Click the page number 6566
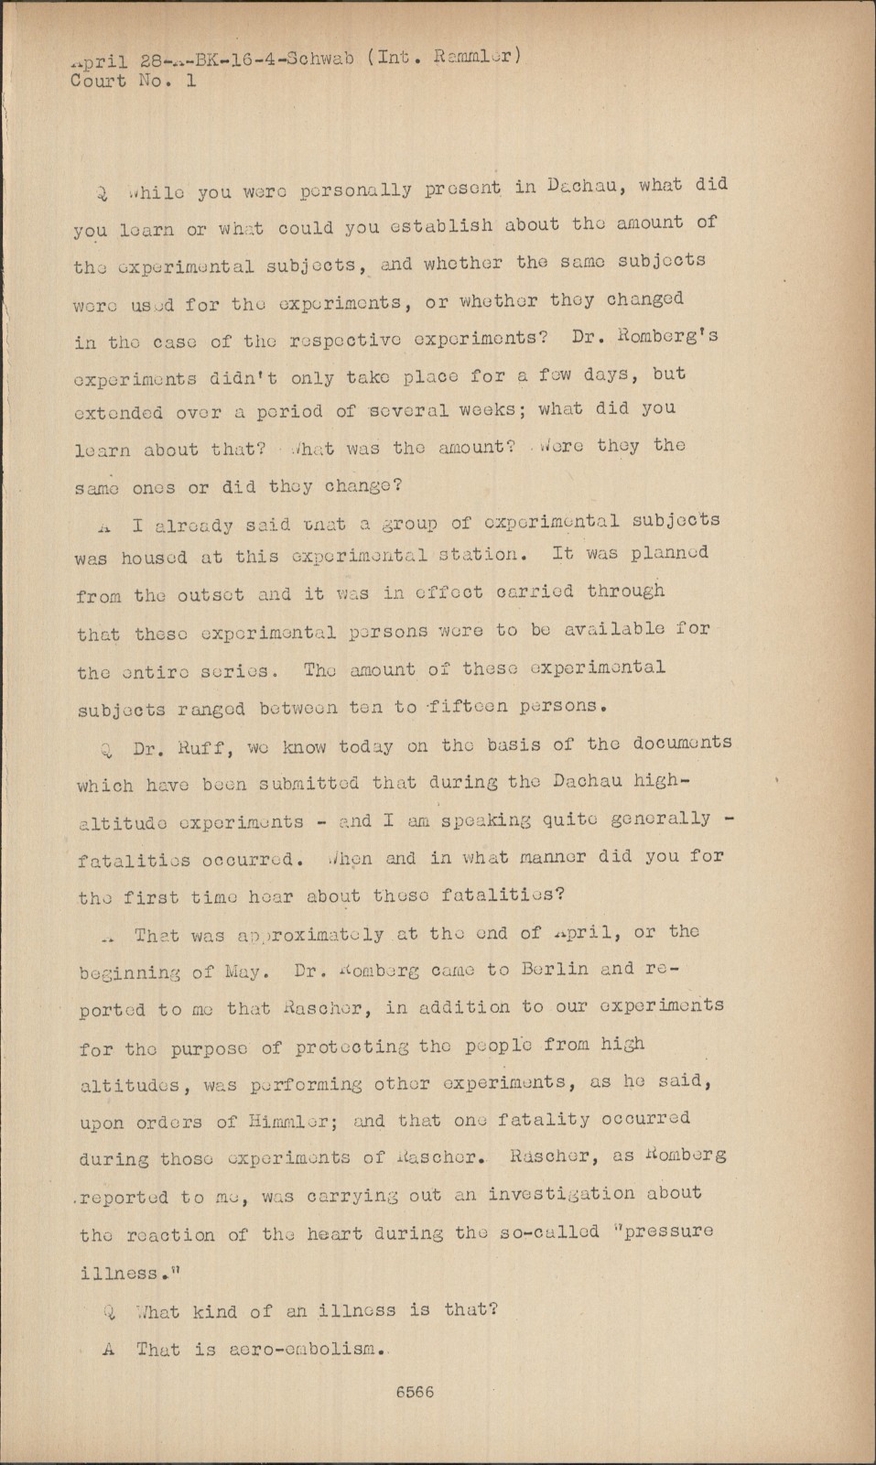[x=415, y=1393]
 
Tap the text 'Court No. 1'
[x=134, y=81]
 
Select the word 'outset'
[x=210, y=594]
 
